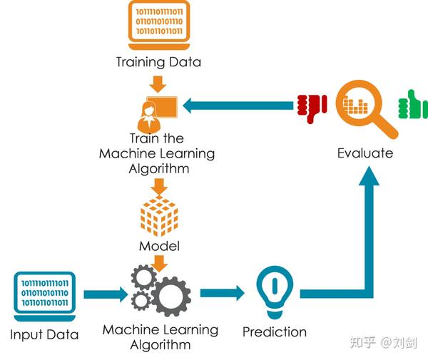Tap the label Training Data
(158, 62)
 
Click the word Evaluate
(365, 153)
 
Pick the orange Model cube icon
(158, 217)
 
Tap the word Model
(158, 247)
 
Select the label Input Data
(44, 334)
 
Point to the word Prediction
(275, 331)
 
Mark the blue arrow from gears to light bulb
(220, 293)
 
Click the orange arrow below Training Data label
(158, 80)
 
